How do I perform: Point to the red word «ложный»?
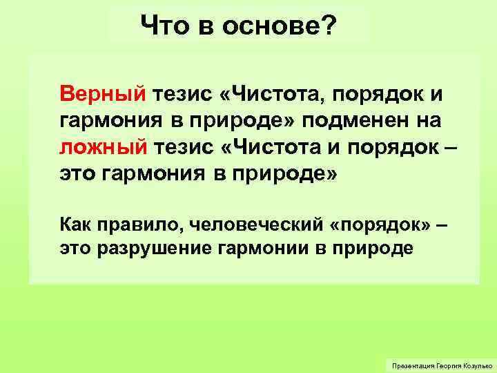102,146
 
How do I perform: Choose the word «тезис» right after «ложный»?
184,146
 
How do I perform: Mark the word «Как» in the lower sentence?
75,224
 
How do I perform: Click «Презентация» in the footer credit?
411,364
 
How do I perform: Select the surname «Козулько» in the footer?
474,364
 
